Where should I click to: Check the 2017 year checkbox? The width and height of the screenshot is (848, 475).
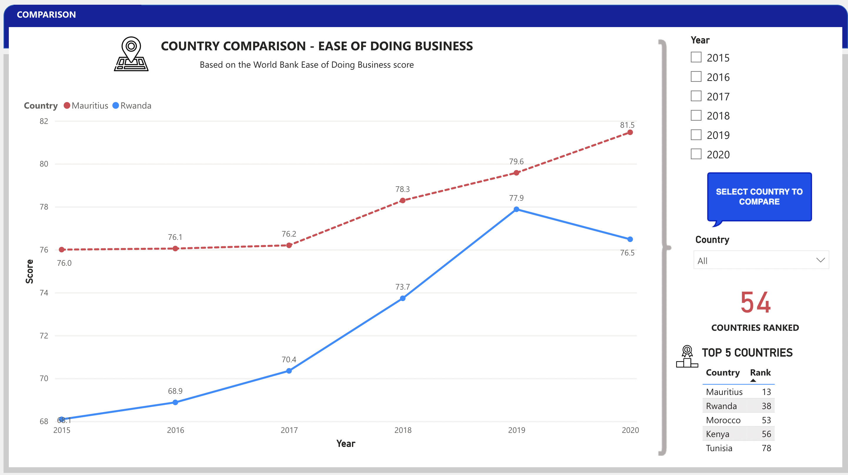point(696,96)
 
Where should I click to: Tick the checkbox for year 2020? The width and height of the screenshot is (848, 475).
point(696,154)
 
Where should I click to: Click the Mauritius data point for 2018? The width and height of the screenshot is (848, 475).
point(402,200)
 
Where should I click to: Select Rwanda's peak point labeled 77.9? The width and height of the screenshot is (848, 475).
point(516,209)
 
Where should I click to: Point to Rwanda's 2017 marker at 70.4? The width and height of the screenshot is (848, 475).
point(289,371)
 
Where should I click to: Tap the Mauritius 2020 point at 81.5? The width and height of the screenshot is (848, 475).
point(630,132)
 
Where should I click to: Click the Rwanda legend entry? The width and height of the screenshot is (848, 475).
point(132,106)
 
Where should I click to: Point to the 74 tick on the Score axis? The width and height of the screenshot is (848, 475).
point(44,293)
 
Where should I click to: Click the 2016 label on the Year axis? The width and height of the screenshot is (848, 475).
point(175,430)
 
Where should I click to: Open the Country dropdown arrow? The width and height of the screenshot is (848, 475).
point(820,260)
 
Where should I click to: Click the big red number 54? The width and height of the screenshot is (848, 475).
point(755,302)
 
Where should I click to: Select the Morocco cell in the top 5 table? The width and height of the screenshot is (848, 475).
point(723,420)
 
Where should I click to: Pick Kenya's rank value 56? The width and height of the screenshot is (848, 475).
point(766,434)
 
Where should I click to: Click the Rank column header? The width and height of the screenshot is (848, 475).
point(760,373)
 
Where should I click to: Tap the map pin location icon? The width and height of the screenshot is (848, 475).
point(131,54)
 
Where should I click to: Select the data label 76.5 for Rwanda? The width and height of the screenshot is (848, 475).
point(627,253)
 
